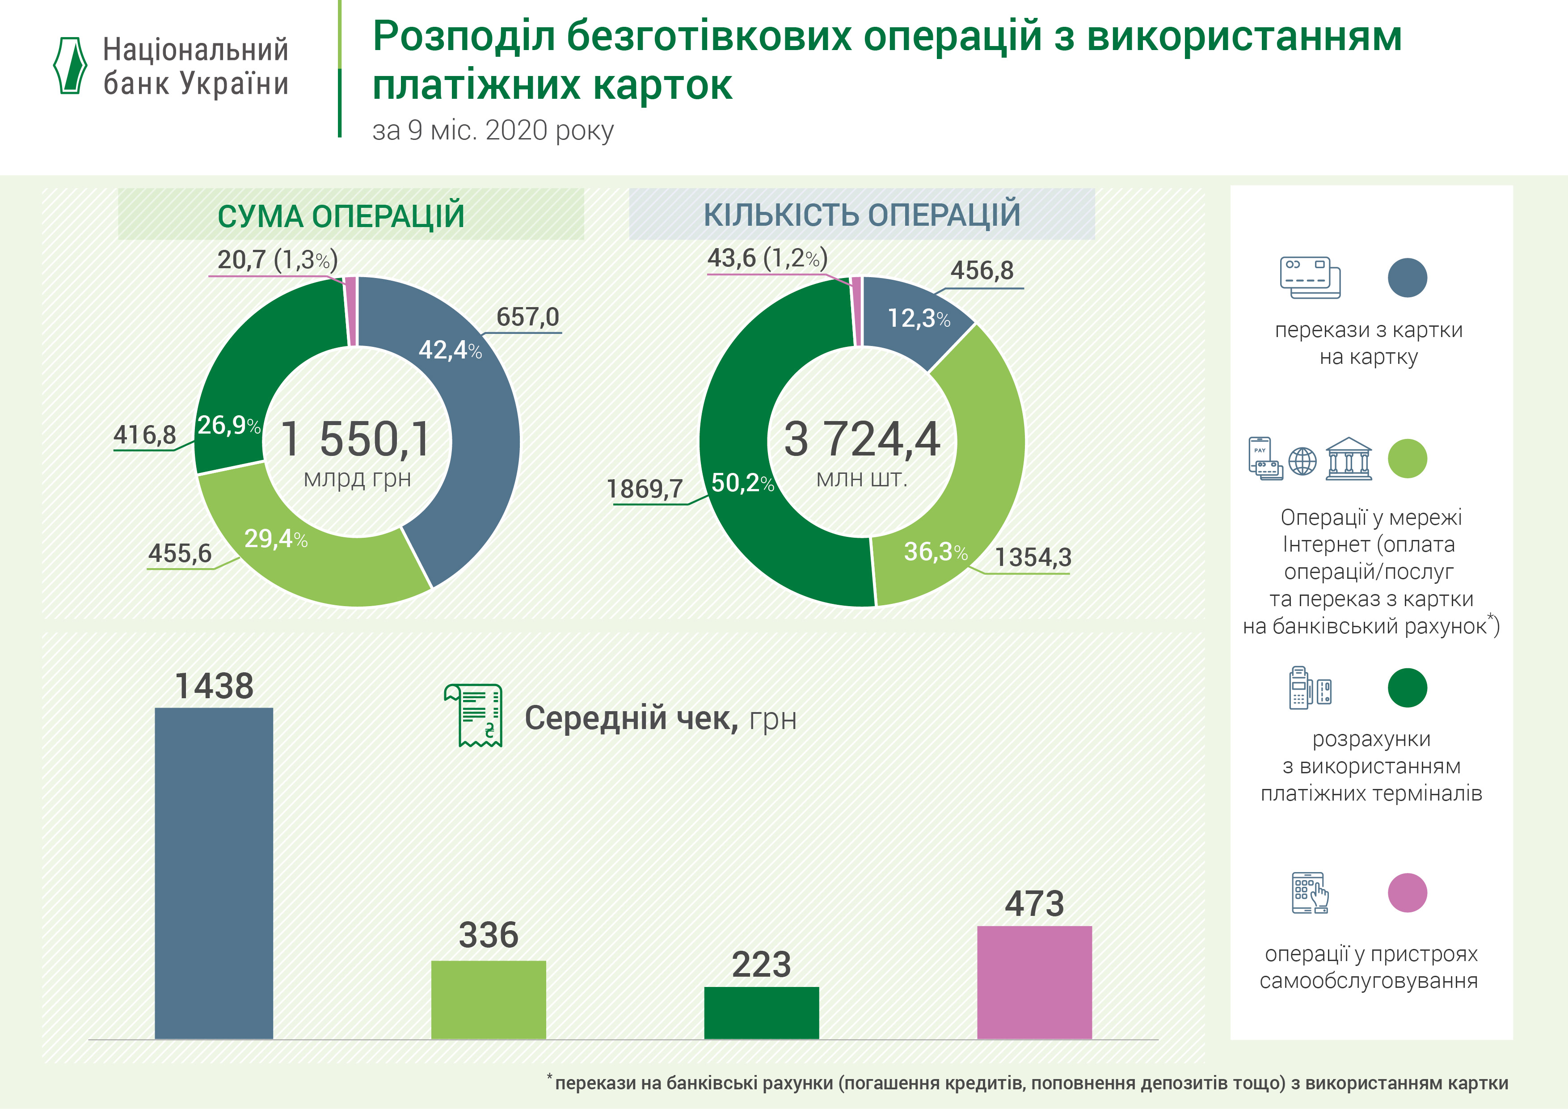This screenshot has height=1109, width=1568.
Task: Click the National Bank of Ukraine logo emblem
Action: tap(70, 66)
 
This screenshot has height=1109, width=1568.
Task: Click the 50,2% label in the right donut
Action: tap(742, 483)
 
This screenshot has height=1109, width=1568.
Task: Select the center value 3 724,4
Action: tap(862, 439)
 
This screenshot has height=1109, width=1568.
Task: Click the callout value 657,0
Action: tap(527, 317)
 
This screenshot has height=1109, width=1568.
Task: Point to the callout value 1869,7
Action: tap(645, 489)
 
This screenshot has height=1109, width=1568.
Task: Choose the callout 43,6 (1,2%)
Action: tap(767, 258)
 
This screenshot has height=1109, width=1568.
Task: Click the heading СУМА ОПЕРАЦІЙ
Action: tap(341, 216)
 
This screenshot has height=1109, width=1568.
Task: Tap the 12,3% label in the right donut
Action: tap(919, 318)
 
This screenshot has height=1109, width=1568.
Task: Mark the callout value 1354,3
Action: tap(1033, 557)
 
